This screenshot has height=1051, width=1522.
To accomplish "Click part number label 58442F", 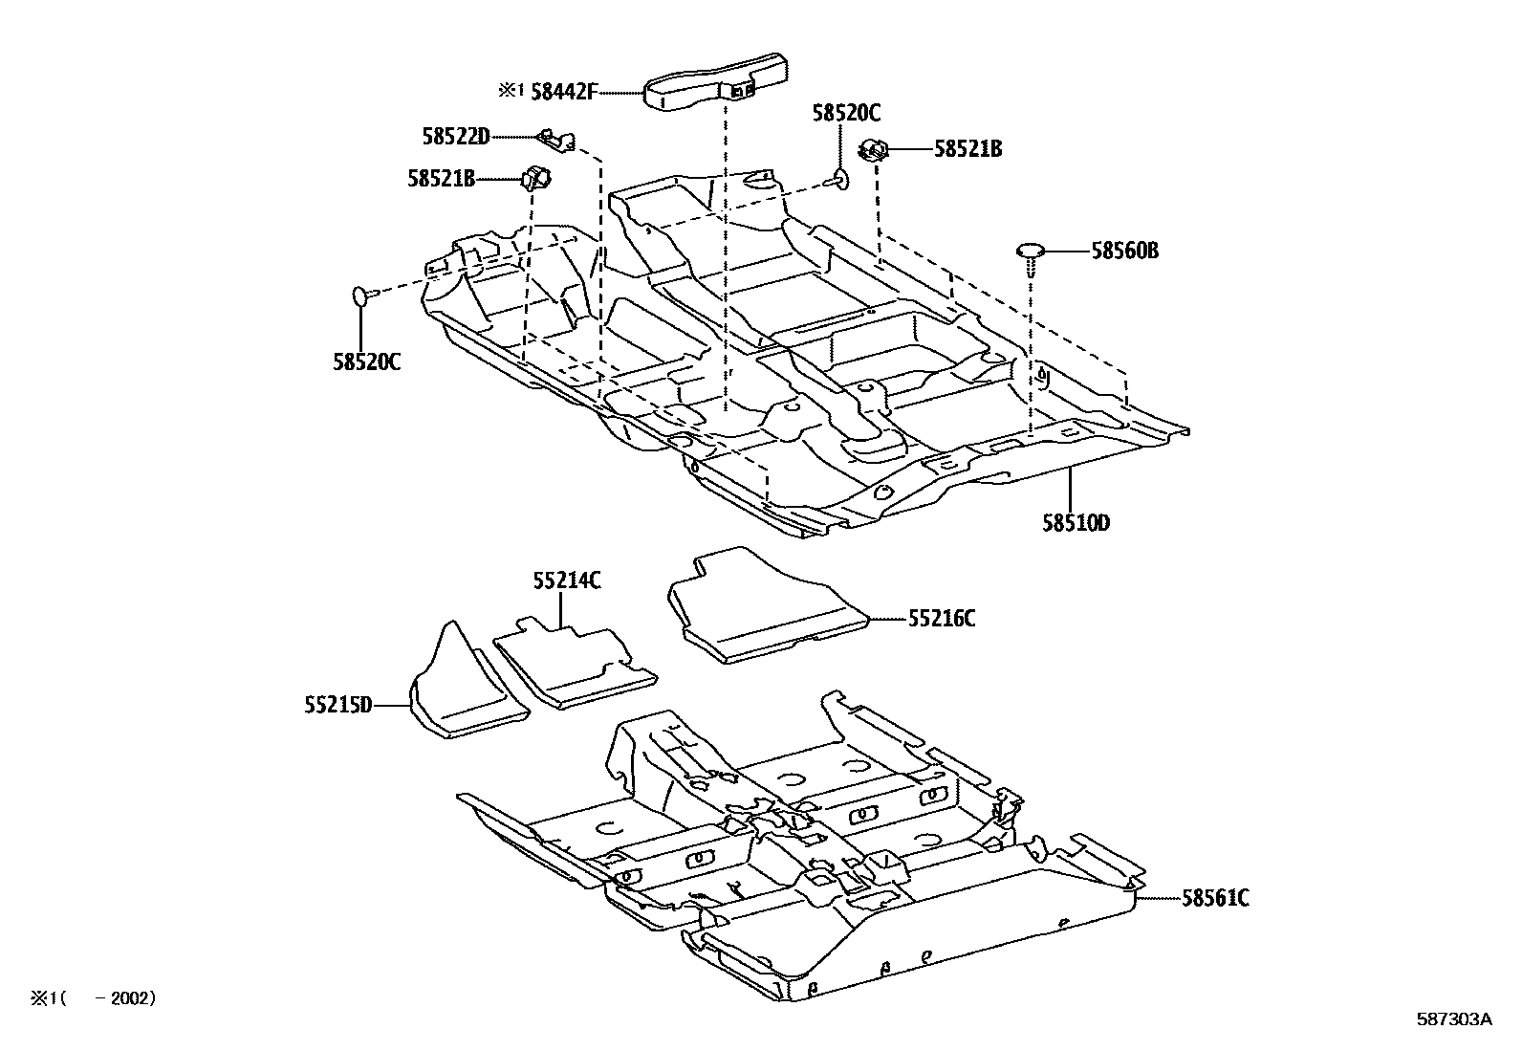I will click(x=563, y=91).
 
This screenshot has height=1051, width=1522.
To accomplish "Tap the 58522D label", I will click(x=455, y=137).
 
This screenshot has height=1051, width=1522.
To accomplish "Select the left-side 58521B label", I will click(x=441, y=178).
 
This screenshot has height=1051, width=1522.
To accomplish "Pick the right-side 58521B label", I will click(x=968, y=149).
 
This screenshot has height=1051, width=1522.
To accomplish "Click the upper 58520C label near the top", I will click(x=846, y=113).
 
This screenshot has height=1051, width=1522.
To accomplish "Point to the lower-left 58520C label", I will click(x=367, y=362).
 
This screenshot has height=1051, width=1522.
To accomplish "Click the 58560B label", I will click(x=1125, y=251).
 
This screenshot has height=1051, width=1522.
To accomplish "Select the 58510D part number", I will click(x=1076, y=523).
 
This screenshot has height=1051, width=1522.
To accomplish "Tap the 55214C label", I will click(x=567, y=580).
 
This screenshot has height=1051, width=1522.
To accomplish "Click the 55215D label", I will click(x=337, y=706).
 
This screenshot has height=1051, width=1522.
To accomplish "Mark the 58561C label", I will click(x=1215, y=898).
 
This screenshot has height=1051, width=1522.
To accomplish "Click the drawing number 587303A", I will click(x=1453, y=1019).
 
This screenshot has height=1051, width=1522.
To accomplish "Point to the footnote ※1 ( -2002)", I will click(x=92, y=998).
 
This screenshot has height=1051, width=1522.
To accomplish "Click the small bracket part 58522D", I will click(x=556, y=141).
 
